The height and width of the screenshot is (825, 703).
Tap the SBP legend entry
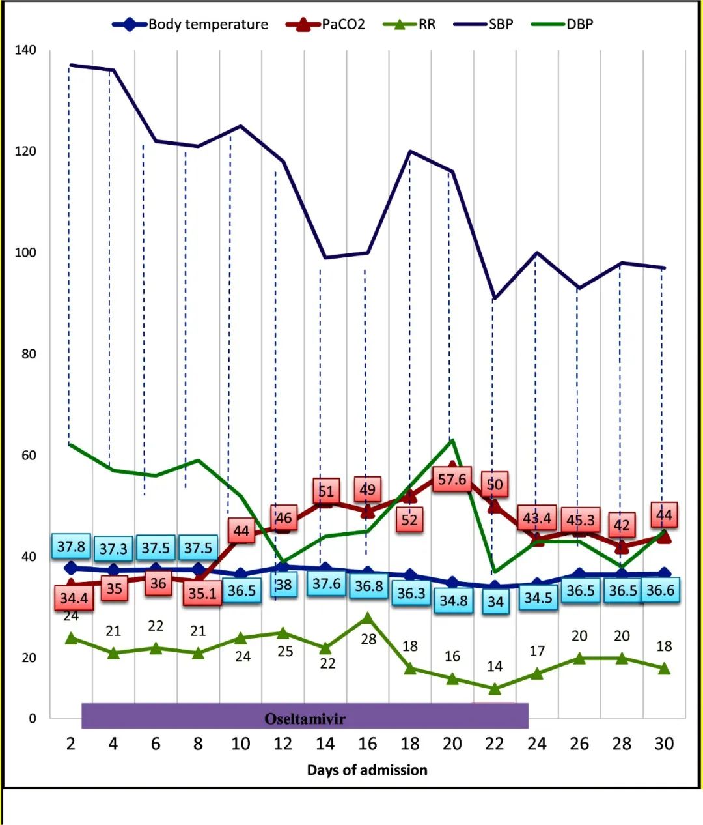501,25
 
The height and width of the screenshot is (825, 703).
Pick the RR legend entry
427,25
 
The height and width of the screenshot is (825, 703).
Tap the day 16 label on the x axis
368,744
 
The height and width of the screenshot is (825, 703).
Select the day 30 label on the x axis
664,744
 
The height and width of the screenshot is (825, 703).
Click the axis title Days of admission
367,770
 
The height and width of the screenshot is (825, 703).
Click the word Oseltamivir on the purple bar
305,719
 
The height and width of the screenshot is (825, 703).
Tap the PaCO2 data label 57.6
452,480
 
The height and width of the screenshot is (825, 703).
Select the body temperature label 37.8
71,546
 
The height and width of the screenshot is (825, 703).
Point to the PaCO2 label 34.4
74,597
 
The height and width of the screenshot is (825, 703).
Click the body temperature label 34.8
454,600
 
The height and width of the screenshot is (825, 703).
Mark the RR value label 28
368,639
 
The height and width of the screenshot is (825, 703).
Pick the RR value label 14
495,666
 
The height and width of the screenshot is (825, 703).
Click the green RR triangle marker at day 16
368,618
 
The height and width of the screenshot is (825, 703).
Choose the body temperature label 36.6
661,590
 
